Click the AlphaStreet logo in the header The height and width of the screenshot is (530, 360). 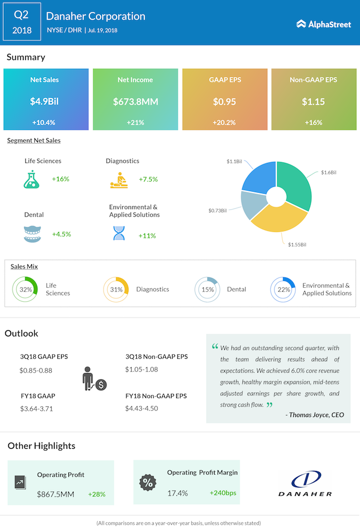click(324, 24)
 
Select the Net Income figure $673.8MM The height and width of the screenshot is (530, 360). click(135, 101)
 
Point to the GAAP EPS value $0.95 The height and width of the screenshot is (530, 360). click(225, 101)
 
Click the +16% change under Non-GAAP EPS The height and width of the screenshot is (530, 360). click(313, 123)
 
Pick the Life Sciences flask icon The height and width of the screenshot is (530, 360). click(32, 179)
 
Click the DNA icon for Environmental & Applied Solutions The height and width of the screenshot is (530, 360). click(119, 233)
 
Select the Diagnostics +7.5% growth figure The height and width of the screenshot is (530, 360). click(148, 179)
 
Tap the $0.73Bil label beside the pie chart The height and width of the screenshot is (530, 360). click(218, 211)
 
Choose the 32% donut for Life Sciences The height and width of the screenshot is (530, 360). click(25, 289)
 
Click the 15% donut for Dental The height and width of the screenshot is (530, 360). click(208, 289)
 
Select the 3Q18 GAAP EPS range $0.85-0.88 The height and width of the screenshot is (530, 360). click(36, 370)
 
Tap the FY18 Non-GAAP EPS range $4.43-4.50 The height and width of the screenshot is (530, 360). click(141, 408)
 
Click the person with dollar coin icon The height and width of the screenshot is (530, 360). click(94, 379)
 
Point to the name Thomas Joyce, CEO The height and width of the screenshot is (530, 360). click(314, 415)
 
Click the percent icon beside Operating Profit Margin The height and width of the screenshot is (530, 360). click(148, 482)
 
